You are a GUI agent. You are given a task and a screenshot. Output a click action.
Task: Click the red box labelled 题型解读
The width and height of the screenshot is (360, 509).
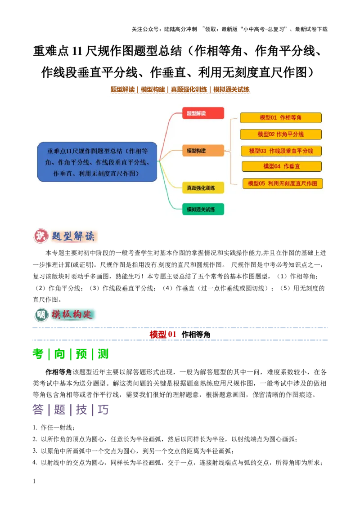[x=203, y=113]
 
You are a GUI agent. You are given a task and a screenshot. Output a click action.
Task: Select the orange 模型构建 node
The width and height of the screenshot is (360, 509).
[x=203, y=151]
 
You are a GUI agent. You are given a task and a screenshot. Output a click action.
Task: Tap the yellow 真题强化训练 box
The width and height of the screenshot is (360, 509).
[x=203, y=188]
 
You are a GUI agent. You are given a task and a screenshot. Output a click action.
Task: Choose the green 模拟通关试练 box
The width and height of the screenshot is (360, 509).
[x=203, y=209]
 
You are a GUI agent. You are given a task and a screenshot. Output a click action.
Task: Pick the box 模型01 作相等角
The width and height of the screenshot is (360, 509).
[x=281, y=118]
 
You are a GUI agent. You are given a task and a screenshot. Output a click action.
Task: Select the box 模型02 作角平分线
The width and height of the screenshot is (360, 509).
[x=281, y=134]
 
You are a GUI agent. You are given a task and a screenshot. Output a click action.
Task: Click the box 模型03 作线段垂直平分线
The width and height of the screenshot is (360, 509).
[x=281, y=151]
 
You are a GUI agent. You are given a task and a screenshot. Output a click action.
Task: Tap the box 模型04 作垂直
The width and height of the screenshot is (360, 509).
[x=282, y=166]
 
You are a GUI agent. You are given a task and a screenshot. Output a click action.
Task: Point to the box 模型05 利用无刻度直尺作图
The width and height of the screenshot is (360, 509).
[x=283, y=183]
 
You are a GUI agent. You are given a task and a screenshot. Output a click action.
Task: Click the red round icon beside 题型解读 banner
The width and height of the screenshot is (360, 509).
[x=40, y=236]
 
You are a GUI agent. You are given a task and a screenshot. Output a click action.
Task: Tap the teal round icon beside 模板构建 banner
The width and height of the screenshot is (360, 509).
[x=40, y=315]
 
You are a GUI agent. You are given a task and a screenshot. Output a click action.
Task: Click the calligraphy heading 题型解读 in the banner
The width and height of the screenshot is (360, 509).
[x=73, y=236]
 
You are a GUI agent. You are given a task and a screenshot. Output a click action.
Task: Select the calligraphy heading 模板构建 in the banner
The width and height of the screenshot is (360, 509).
[x=73, y=315]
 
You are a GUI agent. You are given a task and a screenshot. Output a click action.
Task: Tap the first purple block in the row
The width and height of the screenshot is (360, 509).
[x=38, y=410]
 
